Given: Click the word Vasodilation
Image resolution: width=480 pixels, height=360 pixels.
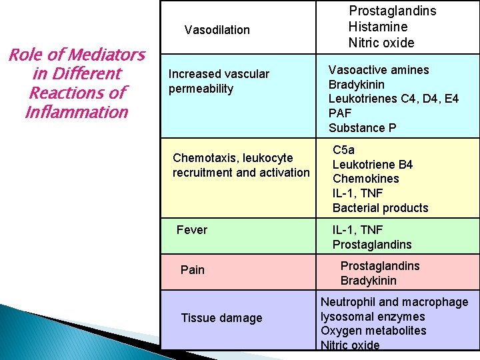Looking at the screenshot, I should [x=217, y=30].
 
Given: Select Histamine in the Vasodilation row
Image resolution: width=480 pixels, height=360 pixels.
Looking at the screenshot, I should [x=377, y=27].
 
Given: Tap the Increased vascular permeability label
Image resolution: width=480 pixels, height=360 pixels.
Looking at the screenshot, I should [x=219, y=81].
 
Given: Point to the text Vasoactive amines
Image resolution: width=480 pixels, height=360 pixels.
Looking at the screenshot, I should [x=379, y=70].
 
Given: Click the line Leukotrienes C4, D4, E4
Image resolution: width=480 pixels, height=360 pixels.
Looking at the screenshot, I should [x=393, y=99].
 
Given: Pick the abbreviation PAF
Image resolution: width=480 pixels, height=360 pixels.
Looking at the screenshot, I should [x=340, y=113].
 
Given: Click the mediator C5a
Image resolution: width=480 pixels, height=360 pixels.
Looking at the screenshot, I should [x=345, y=150].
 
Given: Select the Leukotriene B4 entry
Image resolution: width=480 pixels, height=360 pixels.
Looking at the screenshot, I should [x=373, y=165].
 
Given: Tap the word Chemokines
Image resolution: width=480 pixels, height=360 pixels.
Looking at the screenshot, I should [x=366, y=179].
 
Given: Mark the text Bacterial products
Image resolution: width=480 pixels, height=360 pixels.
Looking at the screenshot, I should [x=381, y=208].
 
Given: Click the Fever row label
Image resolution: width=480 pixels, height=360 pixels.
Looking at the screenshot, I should [x=192, y=230].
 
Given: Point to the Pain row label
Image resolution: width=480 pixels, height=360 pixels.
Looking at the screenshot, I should [x=193, y=270].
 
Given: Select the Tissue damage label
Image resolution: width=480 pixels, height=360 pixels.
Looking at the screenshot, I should [x=221, y=318].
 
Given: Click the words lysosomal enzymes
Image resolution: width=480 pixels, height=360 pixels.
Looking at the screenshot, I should [x=373, y=317].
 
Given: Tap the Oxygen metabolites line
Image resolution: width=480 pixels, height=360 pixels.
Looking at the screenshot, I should [x=373, y=331].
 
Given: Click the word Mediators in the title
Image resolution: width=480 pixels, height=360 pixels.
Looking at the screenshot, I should [x=105, y=55].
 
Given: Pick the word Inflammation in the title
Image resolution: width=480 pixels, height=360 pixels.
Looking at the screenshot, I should [x=76, y=112].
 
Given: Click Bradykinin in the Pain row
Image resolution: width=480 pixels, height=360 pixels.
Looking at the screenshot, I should [x=369, y=281].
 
